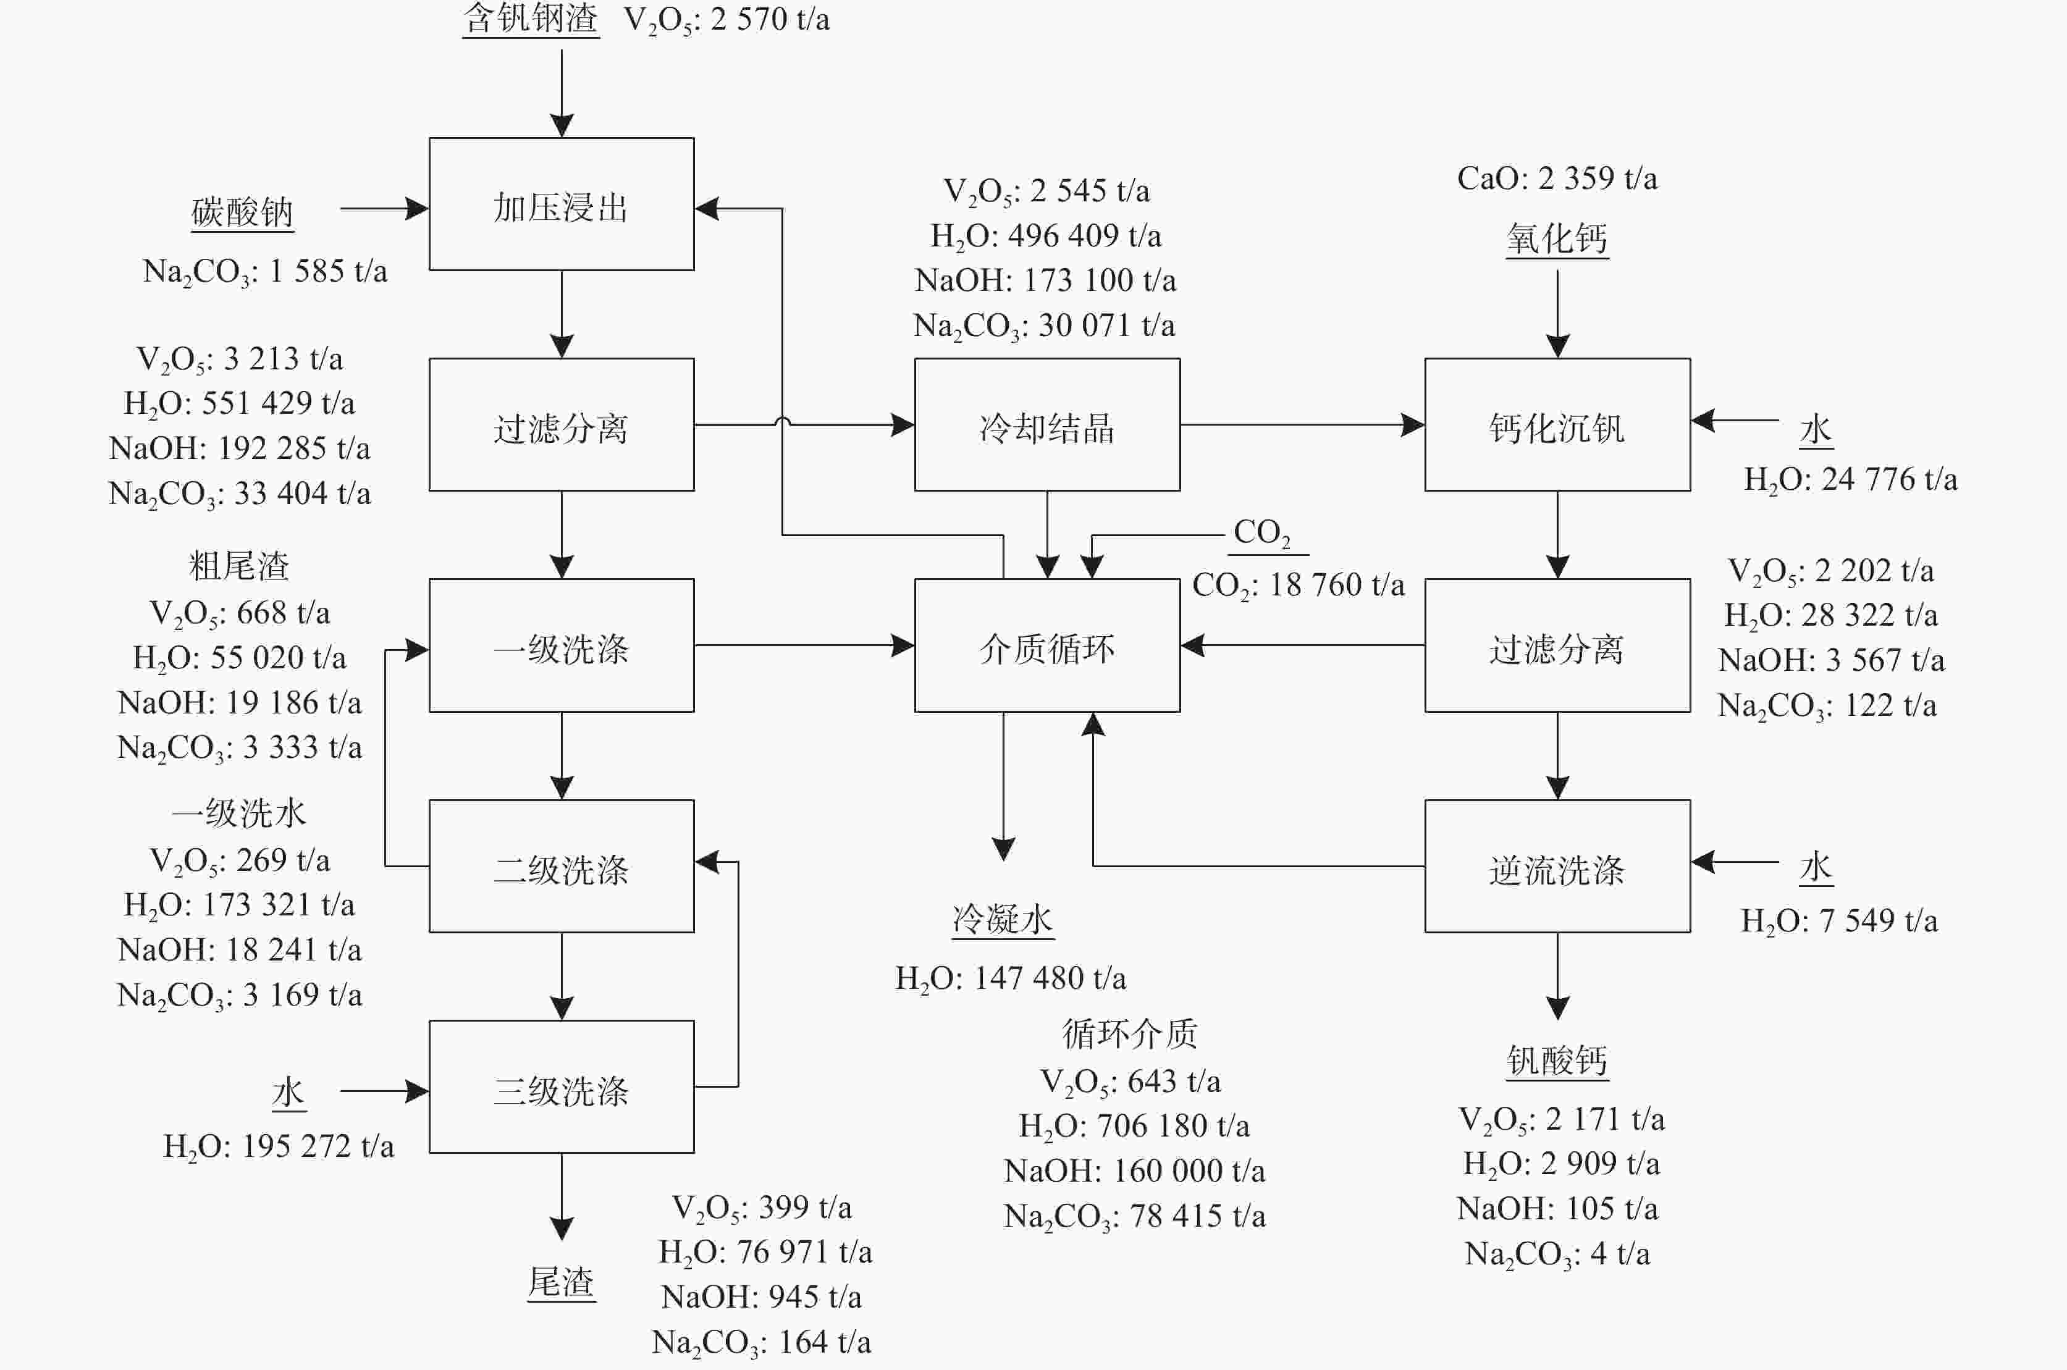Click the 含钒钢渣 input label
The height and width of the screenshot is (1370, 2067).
530,19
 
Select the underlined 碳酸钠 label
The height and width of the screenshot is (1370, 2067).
242,212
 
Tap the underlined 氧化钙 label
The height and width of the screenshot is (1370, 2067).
1557,238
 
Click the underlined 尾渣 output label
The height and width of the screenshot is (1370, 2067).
561,1283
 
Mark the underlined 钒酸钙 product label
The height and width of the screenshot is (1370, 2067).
1557,1061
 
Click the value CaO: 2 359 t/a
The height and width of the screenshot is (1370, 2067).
1557,179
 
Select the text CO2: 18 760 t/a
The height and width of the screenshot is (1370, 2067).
1299,584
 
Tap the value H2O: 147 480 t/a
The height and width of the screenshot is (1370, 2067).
1011,978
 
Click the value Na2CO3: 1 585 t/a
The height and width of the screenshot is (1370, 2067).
265,272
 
